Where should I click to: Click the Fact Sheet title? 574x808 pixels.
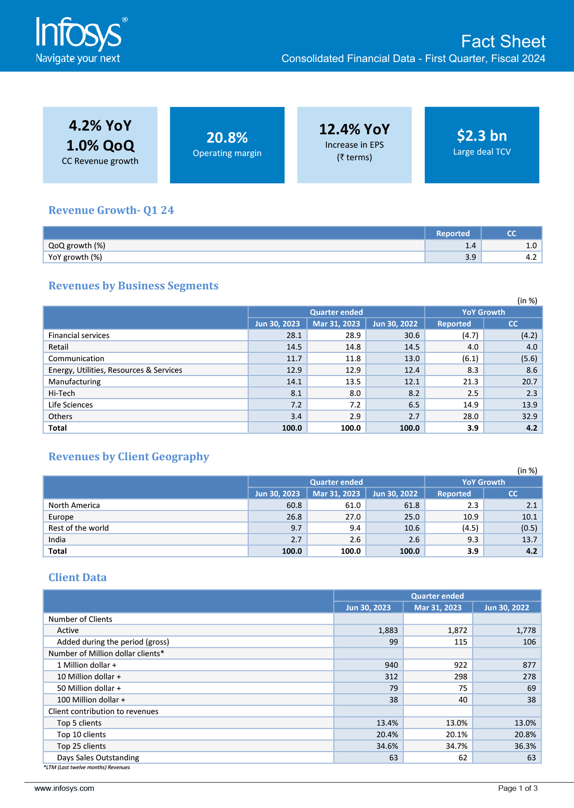[x=503, y=42]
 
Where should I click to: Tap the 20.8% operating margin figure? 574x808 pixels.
[x=227, y=138]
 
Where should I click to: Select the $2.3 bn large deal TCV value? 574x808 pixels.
[x=481, y=136]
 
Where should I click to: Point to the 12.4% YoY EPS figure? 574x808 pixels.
[x=354, y=129]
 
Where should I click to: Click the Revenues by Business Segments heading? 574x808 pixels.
[x=133, y=286]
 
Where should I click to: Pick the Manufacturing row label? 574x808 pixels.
[x=75, y=382]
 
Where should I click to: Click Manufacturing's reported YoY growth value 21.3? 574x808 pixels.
[x=470, y=382]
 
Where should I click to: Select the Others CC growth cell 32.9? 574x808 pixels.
[x=530, y=416]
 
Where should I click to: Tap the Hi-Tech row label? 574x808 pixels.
[x=62, y=393]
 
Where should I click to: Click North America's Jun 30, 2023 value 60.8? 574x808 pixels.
[x=294, y=505]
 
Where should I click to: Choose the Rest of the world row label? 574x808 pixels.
[x=79, y=528]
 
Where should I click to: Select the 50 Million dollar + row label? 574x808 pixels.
[x=89, y=688]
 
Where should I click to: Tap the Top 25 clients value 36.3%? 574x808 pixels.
[x=525, y=746]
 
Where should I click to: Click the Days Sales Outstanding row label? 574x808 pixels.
[x=98, y=758]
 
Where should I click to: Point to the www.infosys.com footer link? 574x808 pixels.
[x=64, y=788]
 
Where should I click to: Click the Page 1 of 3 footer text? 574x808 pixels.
[x=518, y=788]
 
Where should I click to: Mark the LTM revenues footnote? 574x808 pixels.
[x=87, y=767]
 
